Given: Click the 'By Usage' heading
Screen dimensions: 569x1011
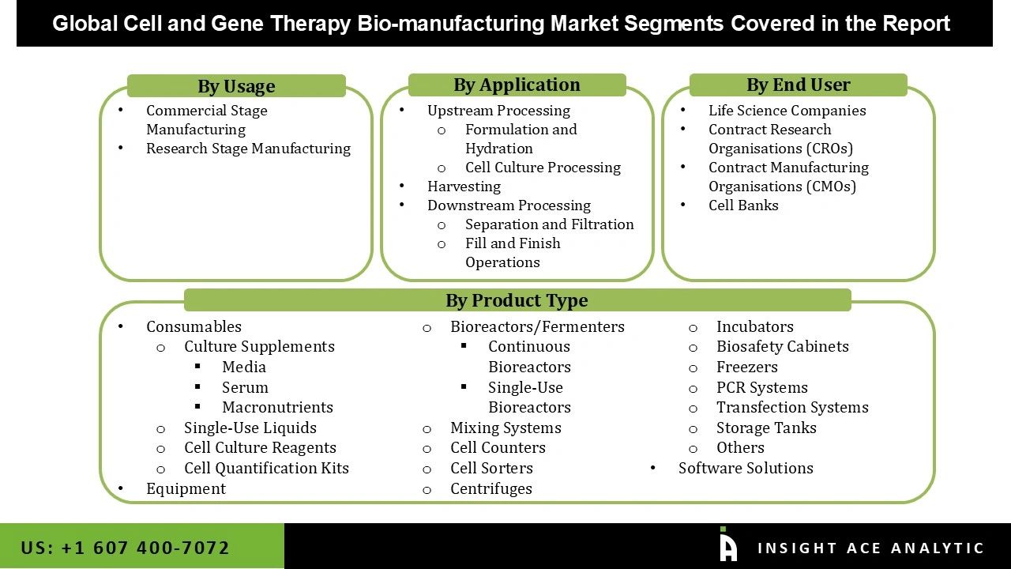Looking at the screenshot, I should [236, 86].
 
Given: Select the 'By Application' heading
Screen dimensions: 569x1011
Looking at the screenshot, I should [517, 85].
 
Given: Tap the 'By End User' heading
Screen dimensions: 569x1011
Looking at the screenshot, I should [798, 85].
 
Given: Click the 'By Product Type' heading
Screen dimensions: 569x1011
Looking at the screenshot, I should [517, 300].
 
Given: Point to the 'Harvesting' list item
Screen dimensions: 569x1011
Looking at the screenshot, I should [464, 187].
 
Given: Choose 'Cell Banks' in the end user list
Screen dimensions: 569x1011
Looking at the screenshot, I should [743, 205].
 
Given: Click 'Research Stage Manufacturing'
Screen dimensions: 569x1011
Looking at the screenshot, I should [248, 149].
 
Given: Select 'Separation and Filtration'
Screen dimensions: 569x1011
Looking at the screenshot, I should [549, 224].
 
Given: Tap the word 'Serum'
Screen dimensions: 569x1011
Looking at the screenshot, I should [245, 387].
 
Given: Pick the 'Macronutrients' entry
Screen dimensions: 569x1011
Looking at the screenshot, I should [277, 407].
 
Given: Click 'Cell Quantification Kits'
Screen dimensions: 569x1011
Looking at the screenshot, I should [266, 468].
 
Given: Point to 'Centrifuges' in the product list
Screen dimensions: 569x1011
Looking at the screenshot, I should [490, 488].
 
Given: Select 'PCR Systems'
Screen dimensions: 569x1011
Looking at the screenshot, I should [761, 387].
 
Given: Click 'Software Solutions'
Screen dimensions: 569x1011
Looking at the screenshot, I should [746, 468].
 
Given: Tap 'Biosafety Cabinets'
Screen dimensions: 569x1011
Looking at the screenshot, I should [782, 346].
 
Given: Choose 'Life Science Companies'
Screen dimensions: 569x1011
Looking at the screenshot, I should [787, 111].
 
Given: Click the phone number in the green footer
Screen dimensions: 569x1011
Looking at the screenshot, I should [126, 548].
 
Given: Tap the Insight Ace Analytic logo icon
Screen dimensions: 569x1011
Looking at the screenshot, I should [727, 545].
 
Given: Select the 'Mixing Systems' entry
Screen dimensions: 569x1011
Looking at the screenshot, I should [505, 428].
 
